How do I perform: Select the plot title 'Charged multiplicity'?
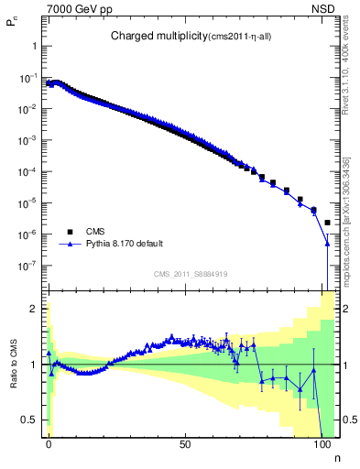[x=150, y=37]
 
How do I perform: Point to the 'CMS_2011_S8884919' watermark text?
[x=191, y=274]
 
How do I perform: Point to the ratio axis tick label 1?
[x=34, y=364]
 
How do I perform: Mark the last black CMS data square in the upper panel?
[x=328, y=223]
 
